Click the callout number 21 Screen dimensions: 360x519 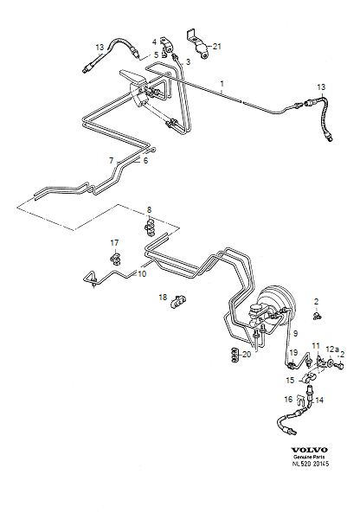(x=216, y=47)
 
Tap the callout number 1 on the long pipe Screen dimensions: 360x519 (x=222, y=83)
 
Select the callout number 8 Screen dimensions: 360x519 (x=149, y=209)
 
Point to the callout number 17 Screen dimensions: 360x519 (x=114, y=243)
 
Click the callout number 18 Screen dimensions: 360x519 (x=163, y=298)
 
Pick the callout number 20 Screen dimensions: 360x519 (x=247, y=355)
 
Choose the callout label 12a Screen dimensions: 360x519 (x=332, y=349)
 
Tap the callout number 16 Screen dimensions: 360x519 (x=288, y=400)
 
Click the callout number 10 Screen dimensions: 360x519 (x=142, y=274)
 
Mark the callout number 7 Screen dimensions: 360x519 (x=112, y=161)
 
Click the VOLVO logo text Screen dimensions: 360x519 (x=309, y=450)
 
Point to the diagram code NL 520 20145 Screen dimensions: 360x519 (x=311, y=464)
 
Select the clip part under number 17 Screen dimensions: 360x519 (x=115, y=259)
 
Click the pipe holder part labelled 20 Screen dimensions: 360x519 (x=235, y=355)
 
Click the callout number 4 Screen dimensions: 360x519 (x=154, y=42)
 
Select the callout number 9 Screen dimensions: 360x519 (x=295, y=333)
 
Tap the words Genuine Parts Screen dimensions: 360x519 (x=309, y=457)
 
